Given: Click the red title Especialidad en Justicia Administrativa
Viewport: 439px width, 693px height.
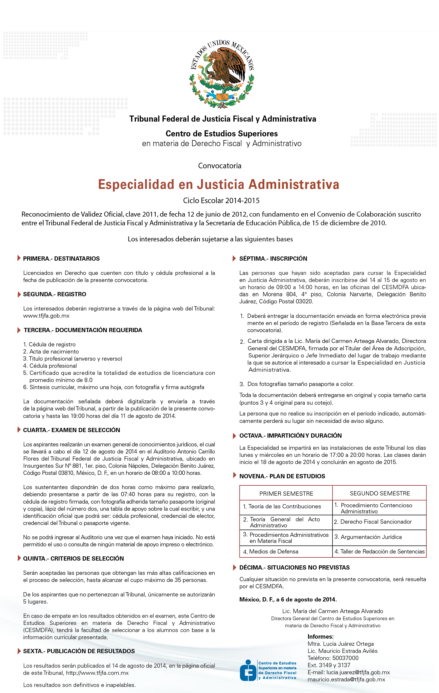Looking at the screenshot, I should (218, 184).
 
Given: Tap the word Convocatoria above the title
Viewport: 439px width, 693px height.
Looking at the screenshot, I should (220, 166).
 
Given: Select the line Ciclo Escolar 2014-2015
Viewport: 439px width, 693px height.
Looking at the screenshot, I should (221, 200).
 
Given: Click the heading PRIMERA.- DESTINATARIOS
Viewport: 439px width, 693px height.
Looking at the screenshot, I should (61, 259).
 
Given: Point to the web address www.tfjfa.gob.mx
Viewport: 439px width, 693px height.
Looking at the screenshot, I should (46, 316).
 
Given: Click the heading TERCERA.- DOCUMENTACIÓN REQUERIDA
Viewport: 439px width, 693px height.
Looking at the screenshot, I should (83, 330).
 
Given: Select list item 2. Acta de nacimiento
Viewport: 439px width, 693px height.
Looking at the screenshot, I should (51, 351).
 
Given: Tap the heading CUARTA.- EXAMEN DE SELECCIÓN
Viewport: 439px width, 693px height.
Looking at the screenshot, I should (71, 430).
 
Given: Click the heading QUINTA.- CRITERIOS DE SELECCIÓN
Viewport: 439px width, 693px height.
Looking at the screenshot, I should (73, 558).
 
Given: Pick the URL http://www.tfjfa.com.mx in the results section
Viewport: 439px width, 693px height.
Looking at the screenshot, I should (97, 673).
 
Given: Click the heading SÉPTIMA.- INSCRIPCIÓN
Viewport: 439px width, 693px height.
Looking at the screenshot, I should (273, 259).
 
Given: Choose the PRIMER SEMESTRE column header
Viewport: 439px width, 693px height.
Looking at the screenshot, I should (286, 494).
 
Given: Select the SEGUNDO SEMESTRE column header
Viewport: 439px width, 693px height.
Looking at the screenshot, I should (380, 493).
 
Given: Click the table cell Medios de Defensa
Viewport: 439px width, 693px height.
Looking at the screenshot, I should (274, 551).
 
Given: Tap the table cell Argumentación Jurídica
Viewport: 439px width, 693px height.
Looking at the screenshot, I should (371, 537).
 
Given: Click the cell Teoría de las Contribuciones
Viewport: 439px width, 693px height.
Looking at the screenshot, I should (284, 506).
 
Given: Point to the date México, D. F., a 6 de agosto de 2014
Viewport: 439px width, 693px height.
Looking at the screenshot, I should (288, 599).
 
